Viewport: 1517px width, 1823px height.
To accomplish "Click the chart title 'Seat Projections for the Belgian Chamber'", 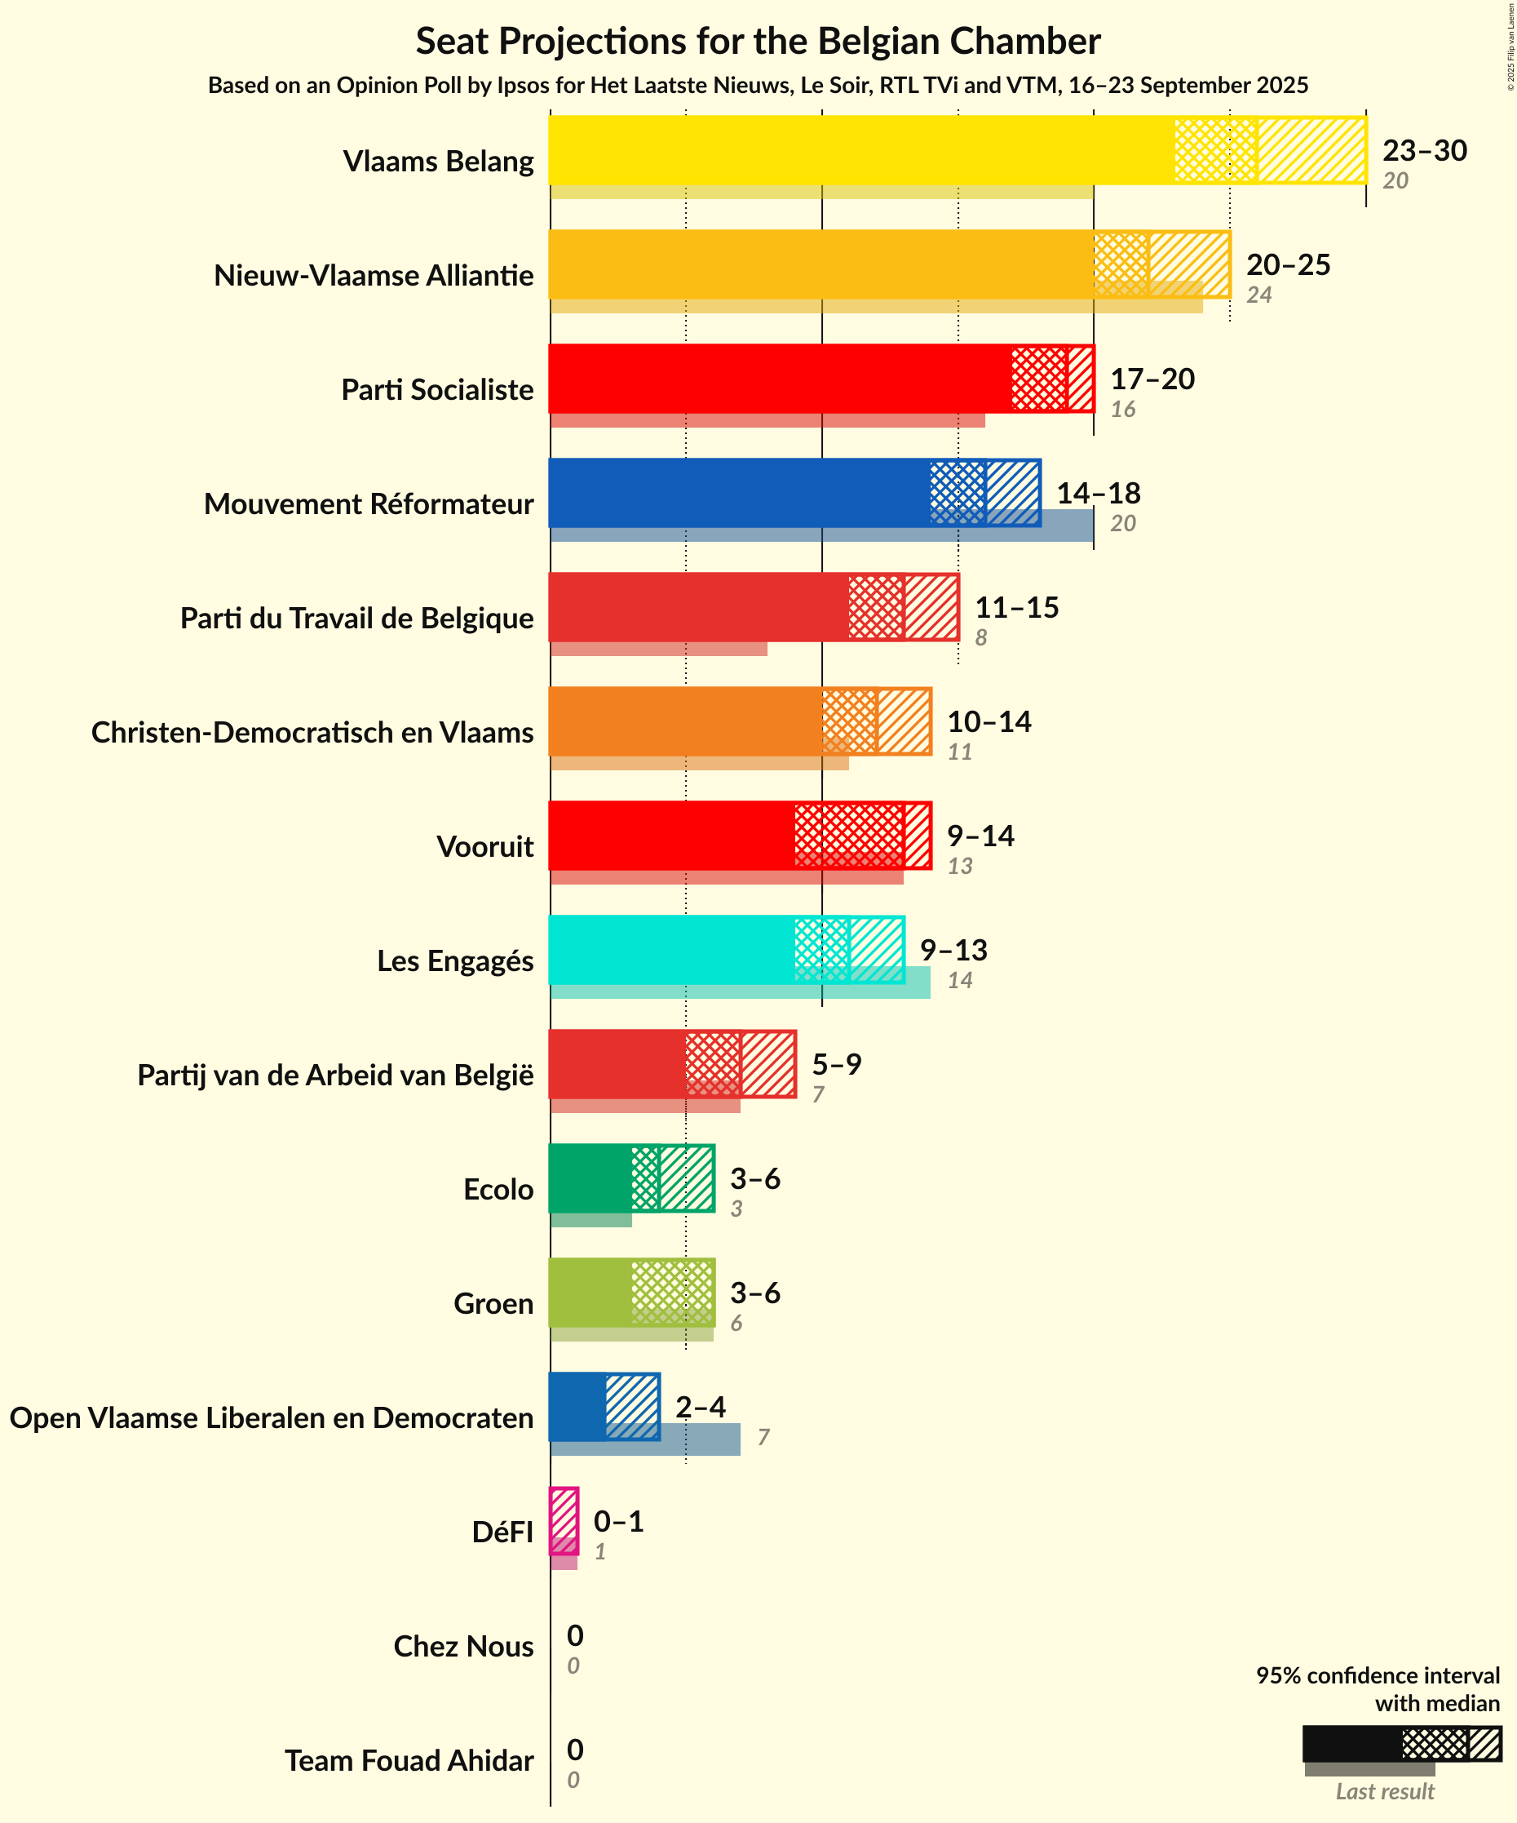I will tap(758, 41).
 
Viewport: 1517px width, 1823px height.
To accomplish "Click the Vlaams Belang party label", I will tap(438, 162).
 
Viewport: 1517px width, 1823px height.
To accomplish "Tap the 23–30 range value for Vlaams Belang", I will tap(1424, 150).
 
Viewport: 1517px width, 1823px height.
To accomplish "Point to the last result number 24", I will tap(1258, 295).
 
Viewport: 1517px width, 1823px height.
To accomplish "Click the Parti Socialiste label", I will tap(436, 390).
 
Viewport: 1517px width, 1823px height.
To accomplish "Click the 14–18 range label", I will tap(1098, 493).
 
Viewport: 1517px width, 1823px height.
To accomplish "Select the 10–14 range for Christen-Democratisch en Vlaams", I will tap(988, 721).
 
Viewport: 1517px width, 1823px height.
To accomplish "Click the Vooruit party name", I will tap(484, 846).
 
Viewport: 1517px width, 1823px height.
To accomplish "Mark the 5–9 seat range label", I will tap(837, 1064).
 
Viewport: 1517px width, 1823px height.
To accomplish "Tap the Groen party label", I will tap(493, 1304).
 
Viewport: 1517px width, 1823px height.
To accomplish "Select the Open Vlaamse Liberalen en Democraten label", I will tap(272, 1417).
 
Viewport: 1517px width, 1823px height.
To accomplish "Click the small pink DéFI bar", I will tap(564, 1521).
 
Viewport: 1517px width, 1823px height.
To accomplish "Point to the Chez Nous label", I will tap(463, 1646).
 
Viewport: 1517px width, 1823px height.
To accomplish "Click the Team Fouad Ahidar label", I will tap(409, 1760).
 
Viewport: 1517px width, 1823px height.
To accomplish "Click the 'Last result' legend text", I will tap(1384, 1792).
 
